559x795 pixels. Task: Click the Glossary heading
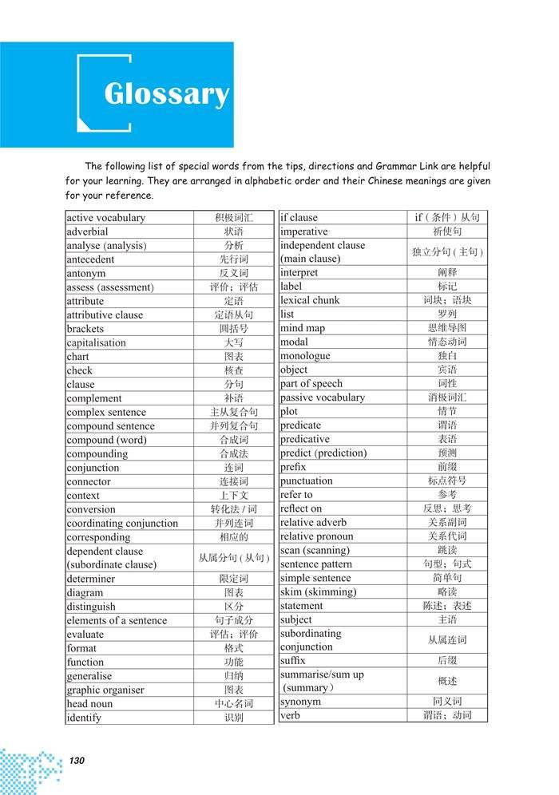click(x=166, y=95)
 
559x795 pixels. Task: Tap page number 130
click(x=76, y=759)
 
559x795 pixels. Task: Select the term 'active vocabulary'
click(x=105, y=218)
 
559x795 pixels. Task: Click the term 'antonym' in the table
click(x=86, y=273)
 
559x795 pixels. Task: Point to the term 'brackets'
click(x=85, y=329)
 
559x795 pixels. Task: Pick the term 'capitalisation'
click(x=97, y=342)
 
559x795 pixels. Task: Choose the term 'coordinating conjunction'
click(x=122, y=524)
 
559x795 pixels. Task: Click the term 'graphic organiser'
click(x=105, y=690)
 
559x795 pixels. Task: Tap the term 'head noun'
click(x=89, y=704)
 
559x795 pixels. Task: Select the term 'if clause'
click(x=299, y=218)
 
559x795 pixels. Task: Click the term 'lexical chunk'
click(x=310, y=301)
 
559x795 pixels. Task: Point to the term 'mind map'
click(x=303, y=328)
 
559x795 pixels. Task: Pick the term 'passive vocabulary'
click(x=322, y=397)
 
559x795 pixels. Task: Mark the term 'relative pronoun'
click(x=317, y=536)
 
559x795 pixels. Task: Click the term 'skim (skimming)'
click(x=318, y=592)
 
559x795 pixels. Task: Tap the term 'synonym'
click(x=300, y=702)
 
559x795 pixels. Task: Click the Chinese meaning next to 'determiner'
click(x=234, y=579)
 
